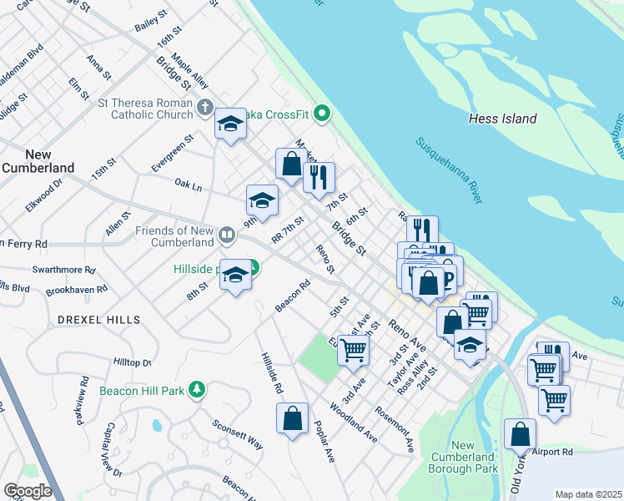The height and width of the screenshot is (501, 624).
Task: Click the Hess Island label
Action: [x=502, y=119]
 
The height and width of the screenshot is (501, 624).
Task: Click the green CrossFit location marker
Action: [x=325, y=114]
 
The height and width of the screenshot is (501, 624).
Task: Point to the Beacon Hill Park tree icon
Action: [x=196, y=390]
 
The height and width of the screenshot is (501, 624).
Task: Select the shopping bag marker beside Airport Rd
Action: [x=521, y=433]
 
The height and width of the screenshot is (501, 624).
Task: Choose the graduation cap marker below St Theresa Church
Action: [x=229, y=124]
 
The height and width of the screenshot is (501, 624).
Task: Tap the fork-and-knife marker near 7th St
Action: [x=319, y=176]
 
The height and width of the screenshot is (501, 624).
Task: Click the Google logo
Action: [x=28, y=490]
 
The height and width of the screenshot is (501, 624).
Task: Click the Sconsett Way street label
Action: [x=238, y=434]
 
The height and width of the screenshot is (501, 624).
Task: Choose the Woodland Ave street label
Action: [x=354, y=424]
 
